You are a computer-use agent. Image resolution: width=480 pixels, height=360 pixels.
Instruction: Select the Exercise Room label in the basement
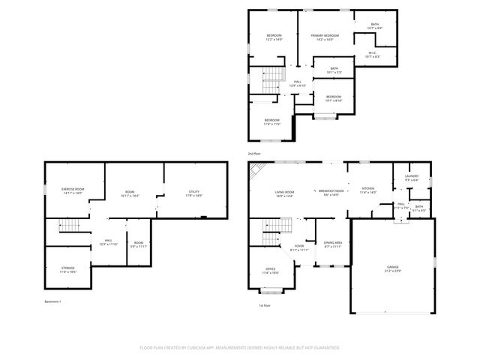73,191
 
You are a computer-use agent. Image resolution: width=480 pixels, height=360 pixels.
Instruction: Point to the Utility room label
194,193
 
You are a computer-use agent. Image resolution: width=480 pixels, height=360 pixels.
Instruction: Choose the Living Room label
283,194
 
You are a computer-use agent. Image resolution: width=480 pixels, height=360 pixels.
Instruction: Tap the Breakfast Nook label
331,193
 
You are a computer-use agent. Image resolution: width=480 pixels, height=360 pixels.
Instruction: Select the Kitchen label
367,190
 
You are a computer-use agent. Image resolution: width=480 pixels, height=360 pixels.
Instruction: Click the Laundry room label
412,178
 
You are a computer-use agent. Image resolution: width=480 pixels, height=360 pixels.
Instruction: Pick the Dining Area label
333,244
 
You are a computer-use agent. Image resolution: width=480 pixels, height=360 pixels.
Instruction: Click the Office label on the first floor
270,271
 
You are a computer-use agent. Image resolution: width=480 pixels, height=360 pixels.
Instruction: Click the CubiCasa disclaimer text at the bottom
240,348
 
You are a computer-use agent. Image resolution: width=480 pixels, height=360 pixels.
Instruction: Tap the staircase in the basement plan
69,227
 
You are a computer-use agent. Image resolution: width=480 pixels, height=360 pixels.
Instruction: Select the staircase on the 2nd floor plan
274,74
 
